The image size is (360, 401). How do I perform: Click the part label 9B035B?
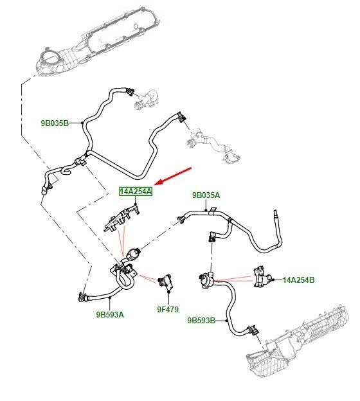[x=55, y=123]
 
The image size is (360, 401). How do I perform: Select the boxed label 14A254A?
[x=136, y=192]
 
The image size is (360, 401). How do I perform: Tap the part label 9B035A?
[x=206, y=195]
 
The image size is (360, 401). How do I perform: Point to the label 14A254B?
[x=298, y=280]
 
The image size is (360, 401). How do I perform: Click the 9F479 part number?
[x=168, y=310]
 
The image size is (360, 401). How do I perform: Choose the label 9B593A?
[x=110, y=314]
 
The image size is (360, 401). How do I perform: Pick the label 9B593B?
[x=201, y=321]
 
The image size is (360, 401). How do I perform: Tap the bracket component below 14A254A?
[x=122, y=218]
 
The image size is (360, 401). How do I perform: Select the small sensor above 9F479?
[x=165, y=282]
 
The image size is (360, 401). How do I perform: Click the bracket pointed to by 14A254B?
[x=262, y=276]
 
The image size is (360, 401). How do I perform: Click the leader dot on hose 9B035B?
[x=82, y=123]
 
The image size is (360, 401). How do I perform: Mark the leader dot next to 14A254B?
[x=273, y=280]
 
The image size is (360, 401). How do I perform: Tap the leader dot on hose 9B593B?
[x=227, y=321]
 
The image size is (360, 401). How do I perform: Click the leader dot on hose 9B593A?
[x=110, y=298]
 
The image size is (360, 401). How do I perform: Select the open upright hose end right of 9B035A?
[x=276, y=214]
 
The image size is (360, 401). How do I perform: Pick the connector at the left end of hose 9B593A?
[x=83, y=296]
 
